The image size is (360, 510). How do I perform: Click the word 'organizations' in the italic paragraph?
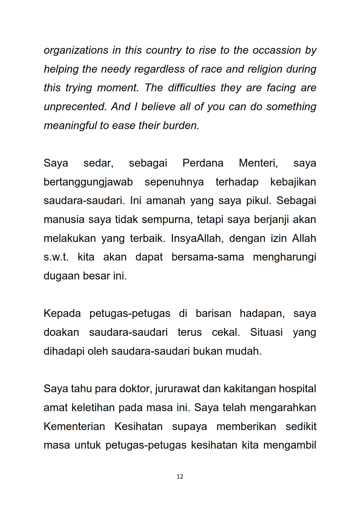pos(76,51)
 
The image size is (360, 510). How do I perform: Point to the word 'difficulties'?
pos(192,88)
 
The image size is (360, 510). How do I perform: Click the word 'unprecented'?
pos(75,107)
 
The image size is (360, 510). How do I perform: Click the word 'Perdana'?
pos(203,163)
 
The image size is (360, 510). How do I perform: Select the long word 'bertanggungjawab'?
pos(88,182)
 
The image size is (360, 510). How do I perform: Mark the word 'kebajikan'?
pos(293,182)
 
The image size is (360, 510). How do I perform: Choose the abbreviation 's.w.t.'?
pos(56,257)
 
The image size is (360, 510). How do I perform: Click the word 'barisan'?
pos(213,313)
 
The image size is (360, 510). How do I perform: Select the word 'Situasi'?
pos(266,332)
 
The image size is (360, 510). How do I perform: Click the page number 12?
pos(180,477)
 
